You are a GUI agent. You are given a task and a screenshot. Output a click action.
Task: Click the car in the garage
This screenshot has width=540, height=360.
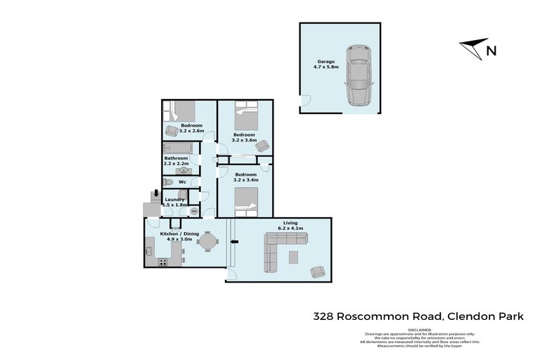(x=358, y=75)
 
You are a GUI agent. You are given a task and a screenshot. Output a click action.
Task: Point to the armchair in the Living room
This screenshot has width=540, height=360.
(x=318, y=271)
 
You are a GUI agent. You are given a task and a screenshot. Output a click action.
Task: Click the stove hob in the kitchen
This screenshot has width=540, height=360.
(x=163, y=262)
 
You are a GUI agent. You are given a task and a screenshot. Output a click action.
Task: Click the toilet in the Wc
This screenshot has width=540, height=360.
(x=168, y=182)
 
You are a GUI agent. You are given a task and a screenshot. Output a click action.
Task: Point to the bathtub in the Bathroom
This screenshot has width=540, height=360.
(x=179, y=148)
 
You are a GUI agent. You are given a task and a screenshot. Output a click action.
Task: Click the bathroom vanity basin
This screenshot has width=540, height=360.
(x=184, y=169)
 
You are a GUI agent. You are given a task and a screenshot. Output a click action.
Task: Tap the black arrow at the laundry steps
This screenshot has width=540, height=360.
(x=156, y=195)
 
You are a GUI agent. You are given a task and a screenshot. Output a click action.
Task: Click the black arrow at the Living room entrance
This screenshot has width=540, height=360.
(x=236, y=243)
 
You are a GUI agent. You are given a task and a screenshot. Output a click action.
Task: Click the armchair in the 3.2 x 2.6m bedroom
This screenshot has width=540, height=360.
(x=172, y=130)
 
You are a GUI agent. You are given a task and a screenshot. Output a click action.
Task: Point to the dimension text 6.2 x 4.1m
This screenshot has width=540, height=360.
(x=290, y=229)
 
